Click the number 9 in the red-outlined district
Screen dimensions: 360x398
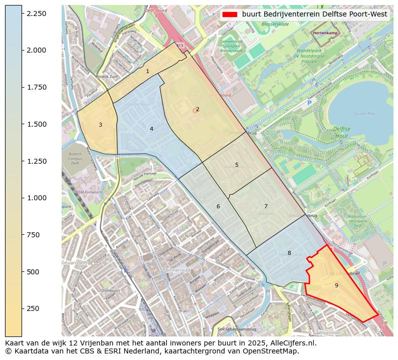pyautogui.click(x=336, y=285)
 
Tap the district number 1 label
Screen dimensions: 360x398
pyautogui.click(x=147, y=72)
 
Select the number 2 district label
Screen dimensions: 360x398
pyautogui.click(x=197, y=109)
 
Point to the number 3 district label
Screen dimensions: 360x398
pyautogui.click(x=100, y=125)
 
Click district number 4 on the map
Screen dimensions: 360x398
pyautogui.click(x=151, y=129)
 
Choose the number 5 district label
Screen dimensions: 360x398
pyautogui.click(x=237, y=165)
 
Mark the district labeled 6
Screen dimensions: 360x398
pyautogui.click(x=218, y=206)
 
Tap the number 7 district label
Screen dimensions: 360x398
pyautogui.click(x=266, y=206)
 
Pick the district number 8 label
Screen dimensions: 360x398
pyautogui.click(x=289, y=253)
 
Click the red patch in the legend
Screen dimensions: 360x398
pyautogui.click(x=230, y=15)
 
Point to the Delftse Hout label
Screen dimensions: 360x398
pyautogui.click(x=342, y=132)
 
